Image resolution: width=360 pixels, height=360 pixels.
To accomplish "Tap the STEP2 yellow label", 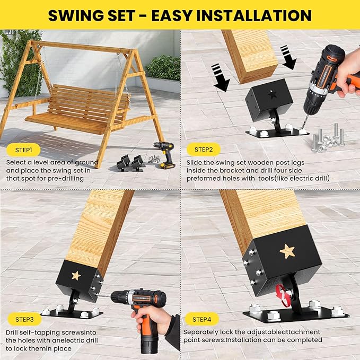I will [203, 150].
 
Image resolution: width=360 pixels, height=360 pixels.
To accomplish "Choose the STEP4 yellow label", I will [201, 319].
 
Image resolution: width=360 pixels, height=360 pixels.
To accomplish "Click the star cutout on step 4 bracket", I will [288, 251].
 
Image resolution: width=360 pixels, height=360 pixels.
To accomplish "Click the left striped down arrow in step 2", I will [221, 76].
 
